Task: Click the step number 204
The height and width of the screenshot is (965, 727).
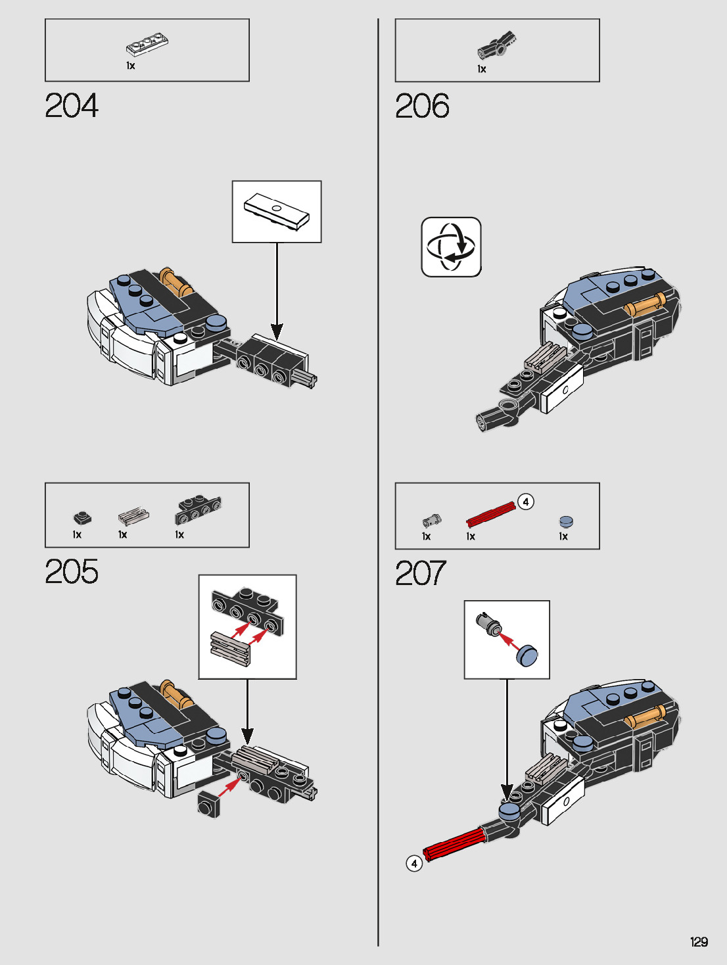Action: (x=72, y=106)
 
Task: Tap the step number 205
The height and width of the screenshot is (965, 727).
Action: (x=72, y=571)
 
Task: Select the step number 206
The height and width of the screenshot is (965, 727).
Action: (x=422, y=106)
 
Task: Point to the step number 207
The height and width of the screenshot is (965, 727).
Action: (x=421, y=573)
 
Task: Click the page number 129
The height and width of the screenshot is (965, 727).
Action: (x=699, y=942)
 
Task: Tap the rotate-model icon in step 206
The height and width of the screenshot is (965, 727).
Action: (x=451, y=247)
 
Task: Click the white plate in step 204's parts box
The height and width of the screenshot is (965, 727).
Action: (x=147, y=47)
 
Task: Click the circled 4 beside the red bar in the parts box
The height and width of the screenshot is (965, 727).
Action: (x=525, y=502)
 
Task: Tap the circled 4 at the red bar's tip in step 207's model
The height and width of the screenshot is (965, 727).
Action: (x=414, y=863)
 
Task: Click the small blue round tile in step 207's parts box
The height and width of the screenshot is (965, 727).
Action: (x=566, y=521)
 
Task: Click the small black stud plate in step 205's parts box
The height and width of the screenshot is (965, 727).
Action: (x=82, y=518)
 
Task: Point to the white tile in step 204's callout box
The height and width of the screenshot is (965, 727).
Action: (x=276, y=210)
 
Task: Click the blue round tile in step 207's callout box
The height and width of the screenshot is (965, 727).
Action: (x=527, y=655)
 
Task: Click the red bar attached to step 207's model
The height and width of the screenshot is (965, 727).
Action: (x=455, y=843)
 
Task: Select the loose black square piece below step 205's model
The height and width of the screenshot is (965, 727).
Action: (x=208, y=804)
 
